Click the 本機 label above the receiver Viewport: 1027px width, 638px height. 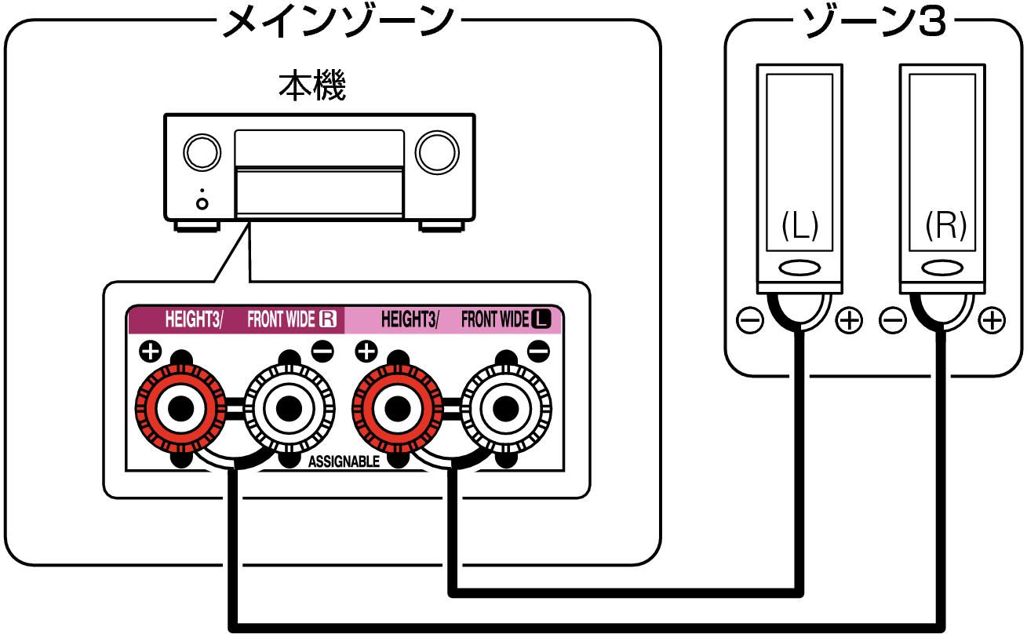[x=312, y=86]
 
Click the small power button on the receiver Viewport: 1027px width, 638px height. [x=202, y=203]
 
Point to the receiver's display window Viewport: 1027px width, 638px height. [x=319, y=148]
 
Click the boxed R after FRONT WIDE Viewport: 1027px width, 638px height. [x=327, y=319]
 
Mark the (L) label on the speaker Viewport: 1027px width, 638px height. [x=799, y=227]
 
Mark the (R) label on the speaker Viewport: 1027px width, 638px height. [x=945, y=227]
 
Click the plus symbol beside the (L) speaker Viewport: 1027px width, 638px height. [x=849, y=320]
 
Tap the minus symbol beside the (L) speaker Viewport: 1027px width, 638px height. [x=749, y=320]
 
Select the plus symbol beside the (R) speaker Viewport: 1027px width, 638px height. [x=992, y=320]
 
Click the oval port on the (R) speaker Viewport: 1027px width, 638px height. [x=942, y=268]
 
